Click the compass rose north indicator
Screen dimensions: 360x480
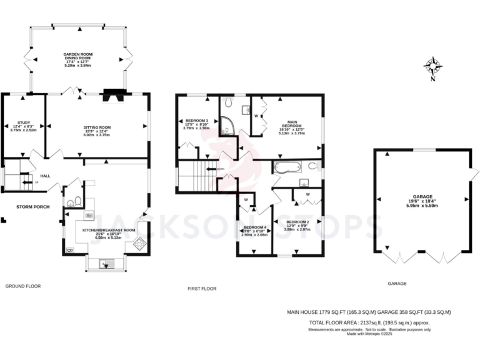click(x=432, y=66)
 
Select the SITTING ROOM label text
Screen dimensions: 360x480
click(x=97, y=127)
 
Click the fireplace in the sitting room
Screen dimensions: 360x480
click(x=114, y=96)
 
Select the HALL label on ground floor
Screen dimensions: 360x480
click(x=45, y=176)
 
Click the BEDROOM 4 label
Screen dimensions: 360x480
click(x=254, y=227)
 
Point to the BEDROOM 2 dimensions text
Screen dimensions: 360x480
click(x=297, y=229)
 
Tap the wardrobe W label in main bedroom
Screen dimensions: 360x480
click(x=256, y=116)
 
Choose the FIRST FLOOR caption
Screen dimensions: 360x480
click(x=202, y=288)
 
